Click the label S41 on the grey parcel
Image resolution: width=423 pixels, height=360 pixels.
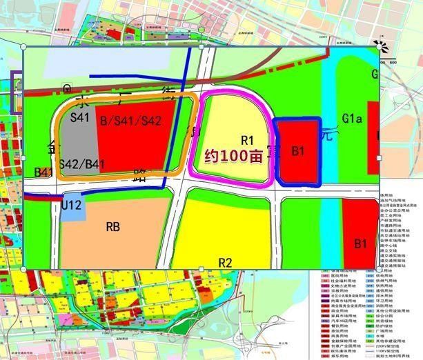coord(81,118)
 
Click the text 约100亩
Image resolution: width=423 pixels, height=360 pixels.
coord(234,157)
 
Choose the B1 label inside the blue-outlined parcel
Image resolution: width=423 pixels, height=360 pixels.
coord(299,150)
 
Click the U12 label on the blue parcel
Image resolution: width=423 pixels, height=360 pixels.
coord(72,205)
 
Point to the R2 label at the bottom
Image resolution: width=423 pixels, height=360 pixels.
coord(225,262)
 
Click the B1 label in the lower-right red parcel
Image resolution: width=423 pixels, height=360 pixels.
coord(360,243)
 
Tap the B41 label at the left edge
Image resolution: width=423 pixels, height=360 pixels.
coord(44,171)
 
